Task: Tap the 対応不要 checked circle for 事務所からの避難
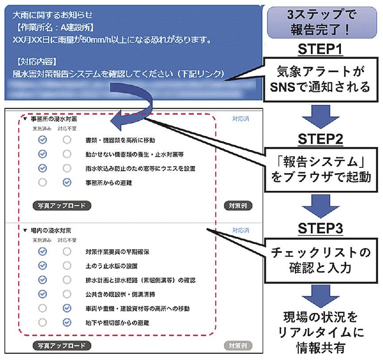point(66,182)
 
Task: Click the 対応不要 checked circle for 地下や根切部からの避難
point(66,322)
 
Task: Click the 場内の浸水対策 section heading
point(51,231)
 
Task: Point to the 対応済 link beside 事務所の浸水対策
point(240,119)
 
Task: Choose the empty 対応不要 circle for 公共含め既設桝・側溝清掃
point(66,294)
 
